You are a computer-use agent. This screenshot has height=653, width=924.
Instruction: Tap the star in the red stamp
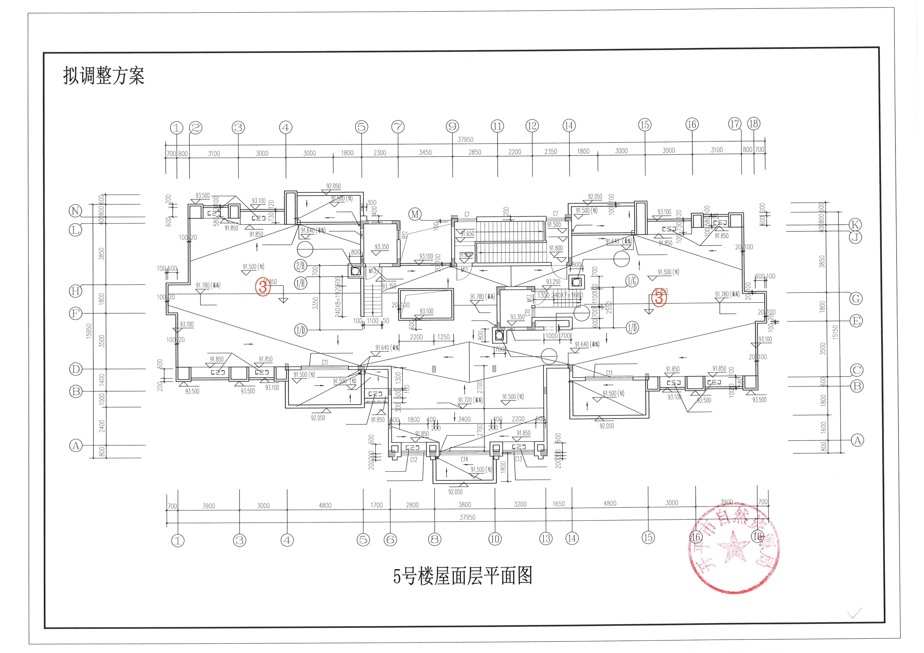[x=733, y=546]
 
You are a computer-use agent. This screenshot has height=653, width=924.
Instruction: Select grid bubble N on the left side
[x=75, y=211]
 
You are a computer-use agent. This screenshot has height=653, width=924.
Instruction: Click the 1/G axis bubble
[x=632, y=281]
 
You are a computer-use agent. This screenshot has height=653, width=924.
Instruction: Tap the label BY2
[x=405, y=235]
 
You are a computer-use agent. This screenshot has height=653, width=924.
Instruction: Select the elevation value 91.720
[x=465, y=400]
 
